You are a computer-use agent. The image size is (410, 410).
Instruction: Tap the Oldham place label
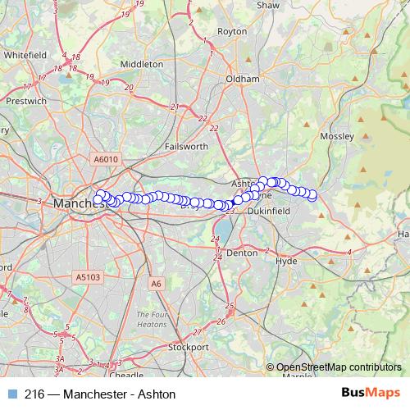[243, 79]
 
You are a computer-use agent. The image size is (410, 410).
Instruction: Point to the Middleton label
[142, 63]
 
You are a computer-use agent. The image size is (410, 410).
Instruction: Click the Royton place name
[231, 31]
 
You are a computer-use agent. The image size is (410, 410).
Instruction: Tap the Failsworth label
[185, 146]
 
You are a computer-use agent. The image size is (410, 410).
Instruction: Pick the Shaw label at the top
[268, 5]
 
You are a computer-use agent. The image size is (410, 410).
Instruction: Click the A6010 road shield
[106, 160]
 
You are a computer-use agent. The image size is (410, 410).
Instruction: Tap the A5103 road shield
[89, 277]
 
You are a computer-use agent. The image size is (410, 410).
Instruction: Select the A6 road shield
[156, 284]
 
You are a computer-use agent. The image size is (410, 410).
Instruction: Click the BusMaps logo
[371, 393]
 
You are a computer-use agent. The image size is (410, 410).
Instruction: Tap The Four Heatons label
[153, 319]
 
